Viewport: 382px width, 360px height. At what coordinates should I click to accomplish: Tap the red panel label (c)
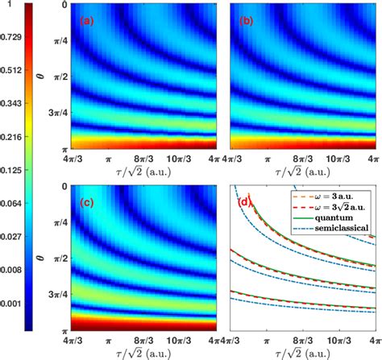coord(85,201)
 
